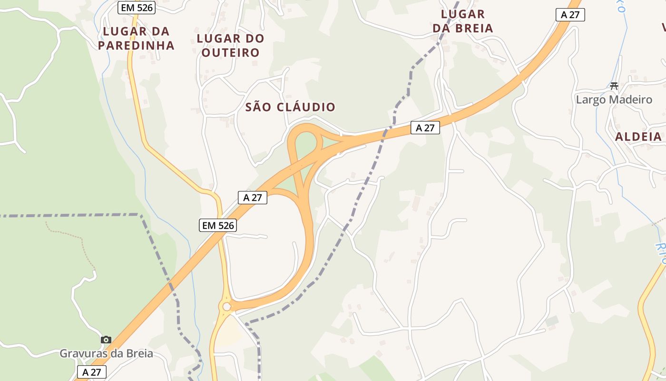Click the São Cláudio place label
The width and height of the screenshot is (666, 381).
click(x=290, y=107)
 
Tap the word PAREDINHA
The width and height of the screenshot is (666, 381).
click(x=136, y=46)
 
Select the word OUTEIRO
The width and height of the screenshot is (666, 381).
click(x=230, y=52)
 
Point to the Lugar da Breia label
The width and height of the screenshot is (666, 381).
click(x=463, y=21)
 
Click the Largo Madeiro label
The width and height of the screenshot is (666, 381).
click(x=614, y=100)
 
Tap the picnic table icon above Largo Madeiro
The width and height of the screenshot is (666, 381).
click(x=614, y=86)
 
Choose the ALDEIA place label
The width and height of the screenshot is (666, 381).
click(x=638, y=137)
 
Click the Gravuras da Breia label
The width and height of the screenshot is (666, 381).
click(x=106, y=353)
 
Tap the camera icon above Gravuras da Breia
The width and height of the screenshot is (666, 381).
click(x=106, y=340)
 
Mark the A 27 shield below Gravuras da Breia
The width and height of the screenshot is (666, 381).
click(x=92, y=372)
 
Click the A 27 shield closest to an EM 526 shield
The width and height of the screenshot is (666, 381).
click(x=253, y=198)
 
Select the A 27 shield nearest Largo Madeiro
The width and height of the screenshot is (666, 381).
click(x=570, y=15)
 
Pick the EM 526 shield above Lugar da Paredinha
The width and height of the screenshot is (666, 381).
click(x=137, y=7)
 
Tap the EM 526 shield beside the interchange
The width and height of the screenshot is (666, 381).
click(x=218, y=226)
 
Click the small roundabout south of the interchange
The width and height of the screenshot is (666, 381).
click(x=226, y=306)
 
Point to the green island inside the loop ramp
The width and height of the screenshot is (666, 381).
click(x=306, y=144)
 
